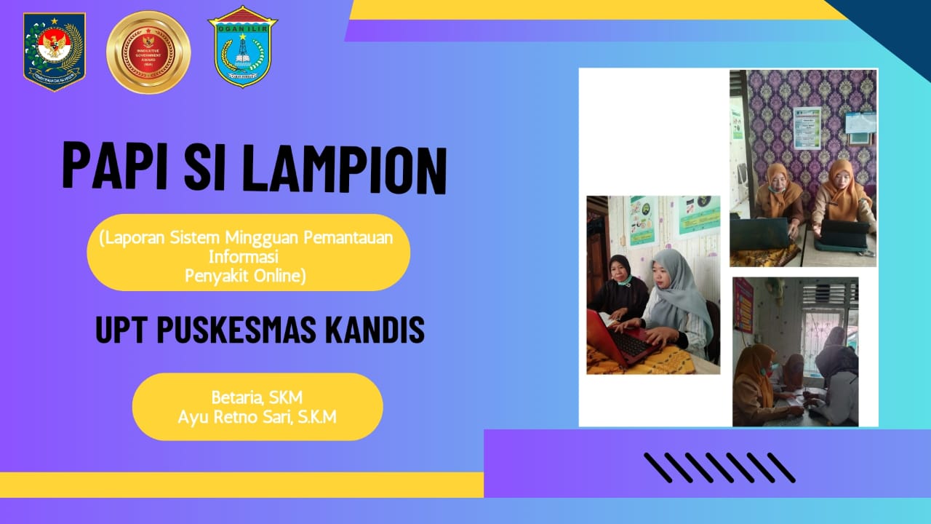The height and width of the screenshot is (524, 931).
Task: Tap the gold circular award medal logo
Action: (x=148, y=52)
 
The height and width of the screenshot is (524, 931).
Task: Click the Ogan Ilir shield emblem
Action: (x=242, y=47)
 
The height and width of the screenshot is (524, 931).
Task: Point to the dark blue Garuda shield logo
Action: (x=55, y=52)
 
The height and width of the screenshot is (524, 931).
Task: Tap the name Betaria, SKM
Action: (x=257, y=397)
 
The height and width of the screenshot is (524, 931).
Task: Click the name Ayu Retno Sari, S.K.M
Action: (x=257, y=417)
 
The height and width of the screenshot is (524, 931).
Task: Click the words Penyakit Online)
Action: (x=246, y=276)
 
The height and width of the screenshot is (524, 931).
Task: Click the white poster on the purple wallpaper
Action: (x=807, y=127)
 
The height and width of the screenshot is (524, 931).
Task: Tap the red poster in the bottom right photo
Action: (x=743, y=306)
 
